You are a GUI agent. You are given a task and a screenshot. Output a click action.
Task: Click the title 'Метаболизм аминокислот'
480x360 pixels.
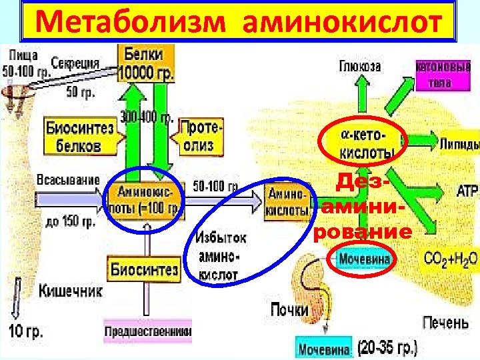coord(239,23)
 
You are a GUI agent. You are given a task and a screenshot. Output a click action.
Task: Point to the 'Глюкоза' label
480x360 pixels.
coord(360,67)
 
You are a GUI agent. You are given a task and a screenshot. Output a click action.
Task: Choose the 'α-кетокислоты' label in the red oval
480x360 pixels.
coord(365,143)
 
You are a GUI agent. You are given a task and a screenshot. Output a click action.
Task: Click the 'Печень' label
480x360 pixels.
coord(445,323)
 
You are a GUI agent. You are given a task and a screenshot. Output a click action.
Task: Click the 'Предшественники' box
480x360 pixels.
coord(148,331)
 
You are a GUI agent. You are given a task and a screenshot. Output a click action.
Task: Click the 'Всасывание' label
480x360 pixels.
coord(68,180)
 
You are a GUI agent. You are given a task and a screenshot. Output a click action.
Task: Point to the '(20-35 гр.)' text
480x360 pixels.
coord(387,347)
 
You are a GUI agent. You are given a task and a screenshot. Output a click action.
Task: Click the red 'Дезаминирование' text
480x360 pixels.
coord(364,206)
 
